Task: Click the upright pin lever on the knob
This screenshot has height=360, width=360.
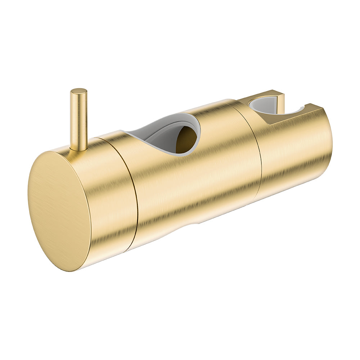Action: click(78, 119)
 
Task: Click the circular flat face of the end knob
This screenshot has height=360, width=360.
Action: click(59, 211)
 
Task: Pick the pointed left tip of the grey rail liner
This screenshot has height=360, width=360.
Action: click(124, 131)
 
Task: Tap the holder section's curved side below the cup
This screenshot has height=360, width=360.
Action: click(292, 158)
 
